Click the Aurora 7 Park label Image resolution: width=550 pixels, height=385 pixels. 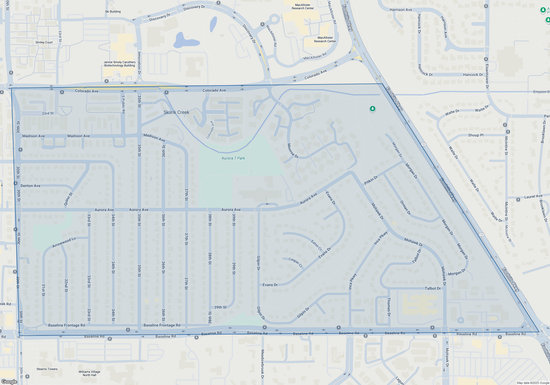click(x=233, y=158)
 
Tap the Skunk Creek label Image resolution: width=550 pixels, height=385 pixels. click(x=176, y=112)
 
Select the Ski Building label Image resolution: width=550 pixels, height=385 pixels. click(x=113, y=12)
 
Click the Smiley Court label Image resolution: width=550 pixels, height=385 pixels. click(x=44, y=42)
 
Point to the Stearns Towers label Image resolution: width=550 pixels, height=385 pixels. click(x=47, y=369)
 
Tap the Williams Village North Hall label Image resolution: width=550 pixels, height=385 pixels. click(x=89, y=373)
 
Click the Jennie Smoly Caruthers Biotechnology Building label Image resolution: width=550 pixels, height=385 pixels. click(x=120, y=64)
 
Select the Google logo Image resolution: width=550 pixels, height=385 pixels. click(x=9, y=382)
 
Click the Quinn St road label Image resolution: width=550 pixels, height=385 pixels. click(x=68, y=199)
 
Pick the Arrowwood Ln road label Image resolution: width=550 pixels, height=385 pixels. click(x=64, y=242)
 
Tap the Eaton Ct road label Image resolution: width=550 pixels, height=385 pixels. click(x=316, y=245)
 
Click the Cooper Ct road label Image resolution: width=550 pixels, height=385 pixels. click(x=295, y=262)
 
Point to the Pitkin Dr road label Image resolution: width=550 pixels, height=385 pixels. click(x=371, y=180)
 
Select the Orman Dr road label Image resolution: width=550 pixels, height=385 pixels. click(x=405, y=208)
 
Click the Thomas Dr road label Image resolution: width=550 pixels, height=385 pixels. click(x=389, y=307)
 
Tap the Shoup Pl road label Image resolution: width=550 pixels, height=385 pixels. click(x=475, y=135)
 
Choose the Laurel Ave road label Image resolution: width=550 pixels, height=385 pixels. click(x=533, y=196)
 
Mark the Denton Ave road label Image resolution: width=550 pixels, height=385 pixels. click(x=31, y=186)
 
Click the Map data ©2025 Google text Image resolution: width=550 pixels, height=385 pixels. click(x=533, y=383)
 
